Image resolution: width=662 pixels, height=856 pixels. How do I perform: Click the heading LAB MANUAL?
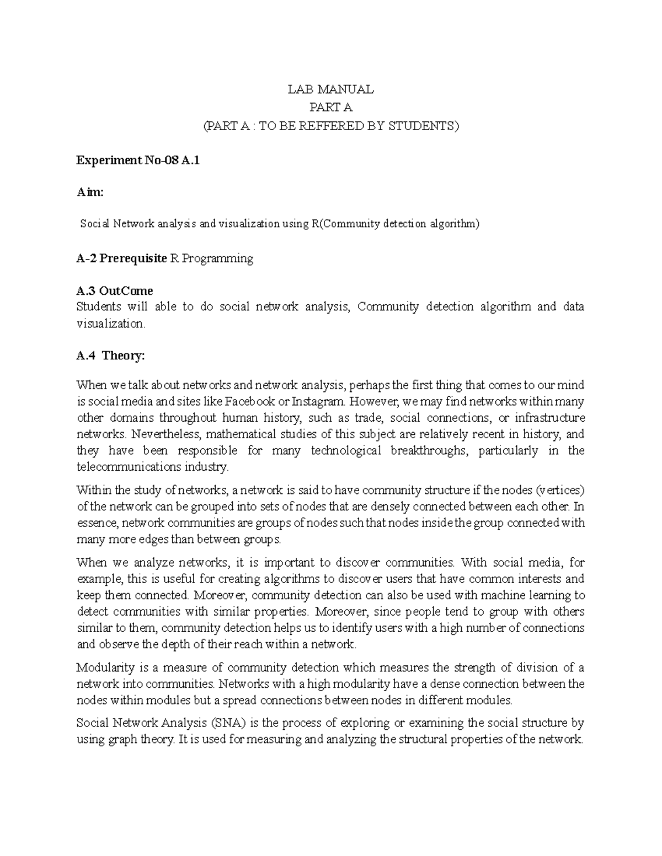coord(330,89)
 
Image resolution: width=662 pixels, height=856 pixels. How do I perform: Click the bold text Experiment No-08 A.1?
coord(135,160)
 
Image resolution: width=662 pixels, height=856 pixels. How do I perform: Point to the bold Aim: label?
coord(89,192)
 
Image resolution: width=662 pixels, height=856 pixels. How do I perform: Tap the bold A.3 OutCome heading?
coord(114,290)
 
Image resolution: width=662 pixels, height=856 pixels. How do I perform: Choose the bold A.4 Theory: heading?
coord(110,356)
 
